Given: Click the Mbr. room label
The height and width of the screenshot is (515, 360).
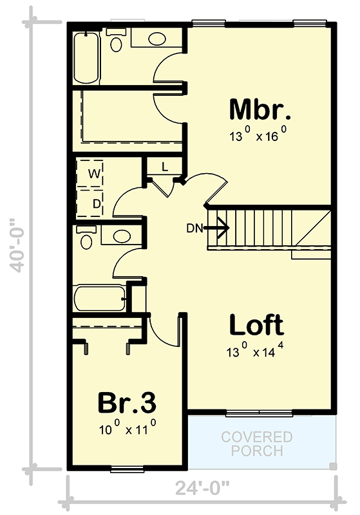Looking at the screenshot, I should tap(260, 110).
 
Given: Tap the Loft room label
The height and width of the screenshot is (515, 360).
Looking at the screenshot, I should tap(256, 325).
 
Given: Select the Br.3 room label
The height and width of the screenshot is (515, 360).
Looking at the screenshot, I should tap(127, 404).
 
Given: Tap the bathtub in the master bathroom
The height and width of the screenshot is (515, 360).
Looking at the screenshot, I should tap(84, 57).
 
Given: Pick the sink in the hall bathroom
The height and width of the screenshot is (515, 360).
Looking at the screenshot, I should tap(122, 236).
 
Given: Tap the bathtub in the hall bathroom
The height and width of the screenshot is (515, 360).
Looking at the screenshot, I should tap(100, 299).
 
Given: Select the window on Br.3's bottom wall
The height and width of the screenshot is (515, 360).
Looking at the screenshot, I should tap(126, 468).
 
